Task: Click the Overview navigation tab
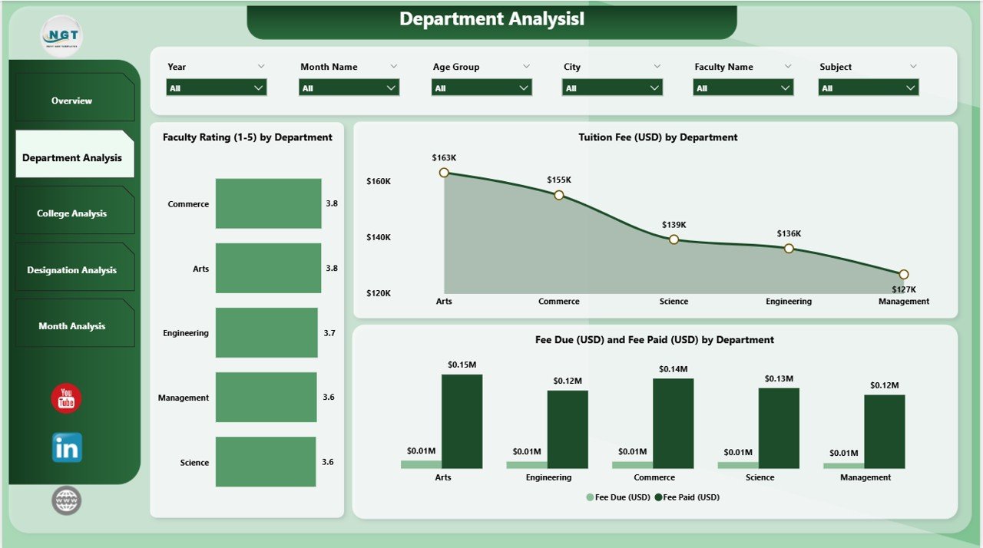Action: pos(71,101)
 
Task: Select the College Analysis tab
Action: pos(71,213)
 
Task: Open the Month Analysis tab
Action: pos(71,326)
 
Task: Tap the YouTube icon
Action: pos(66,399)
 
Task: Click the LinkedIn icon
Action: pos(67,447)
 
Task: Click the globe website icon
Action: pos(67,500)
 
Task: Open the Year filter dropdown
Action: pos(216,88)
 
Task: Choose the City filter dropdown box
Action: pos(612,88)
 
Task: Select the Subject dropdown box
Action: pos(868,88)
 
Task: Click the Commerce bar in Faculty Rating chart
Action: pos(268,203)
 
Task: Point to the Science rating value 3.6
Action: pos(328,462)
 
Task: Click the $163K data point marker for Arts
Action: pos(444,173)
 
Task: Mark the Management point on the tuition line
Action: pos(904,274)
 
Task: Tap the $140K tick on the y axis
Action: pos(379,237)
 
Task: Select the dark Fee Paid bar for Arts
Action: pos(462,421)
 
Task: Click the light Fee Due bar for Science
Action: pos(737,465)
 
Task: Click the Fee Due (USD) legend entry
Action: pos(618,497)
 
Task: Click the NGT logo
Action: pos(61,36)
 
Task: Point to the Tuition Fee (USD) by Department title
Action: pos(657,137)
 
